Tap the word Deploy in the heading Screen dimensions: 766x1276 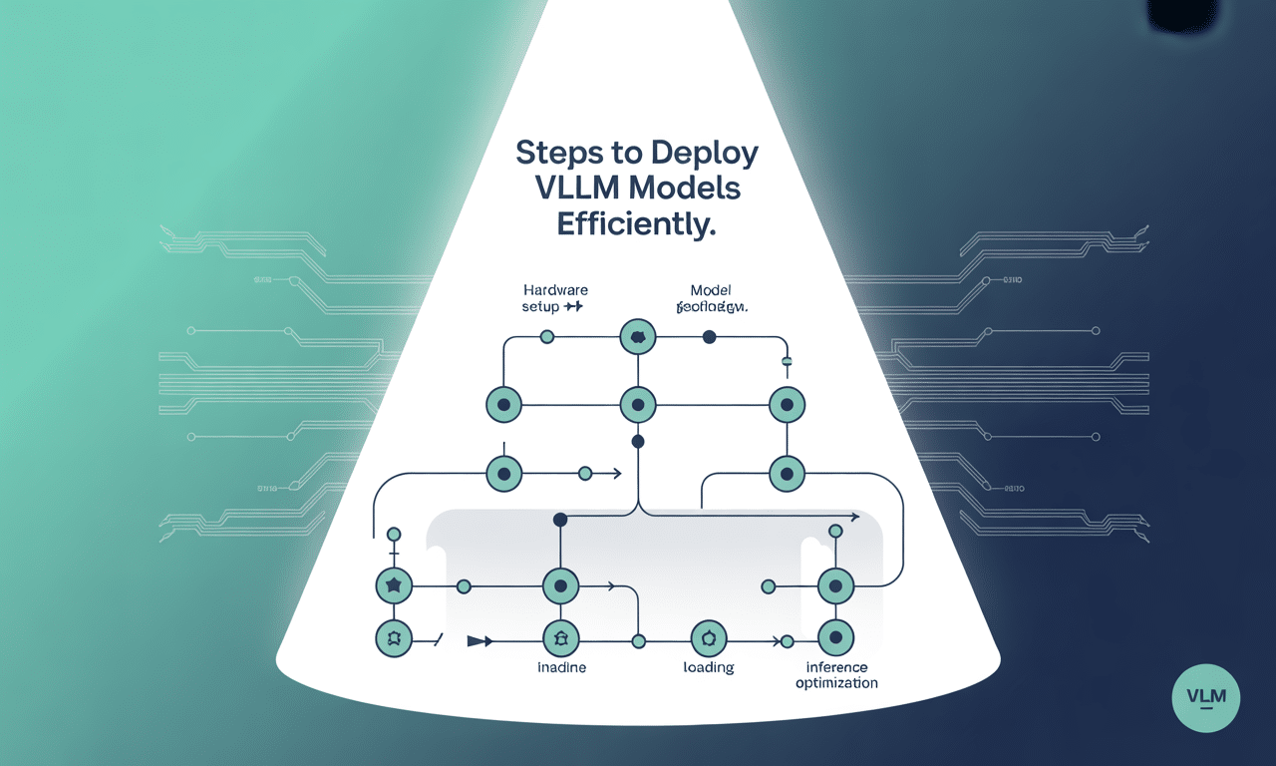(x=704, y=154)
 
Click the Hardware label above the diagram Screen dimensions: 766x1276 (x=555, y=289)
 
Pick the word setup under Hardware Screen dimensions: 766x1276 (x=540, y=307)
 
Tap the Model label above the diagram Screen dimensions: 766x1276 (x=711, y=289)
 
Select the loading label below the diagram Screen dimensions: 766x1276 (x=708, y=667)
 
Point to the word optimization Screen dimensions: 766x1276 (x=836, y=683)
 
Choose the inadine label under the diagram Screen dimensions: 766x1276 (x=561, y=667)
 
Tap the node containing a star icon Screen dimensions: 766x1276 (x=393, y=586)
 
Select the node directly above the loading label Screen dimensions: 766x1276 (x=709, y=636)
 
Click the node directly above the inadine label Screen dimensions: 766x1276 (x=560, y=636)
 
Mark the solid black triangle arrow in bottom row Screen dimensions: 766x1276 (x=479, y=641)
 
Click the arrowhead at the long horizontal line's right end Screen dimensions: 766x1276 (x=855, y=517)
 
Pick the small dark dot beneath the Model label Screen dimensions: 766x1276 (x=709, y=337)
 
